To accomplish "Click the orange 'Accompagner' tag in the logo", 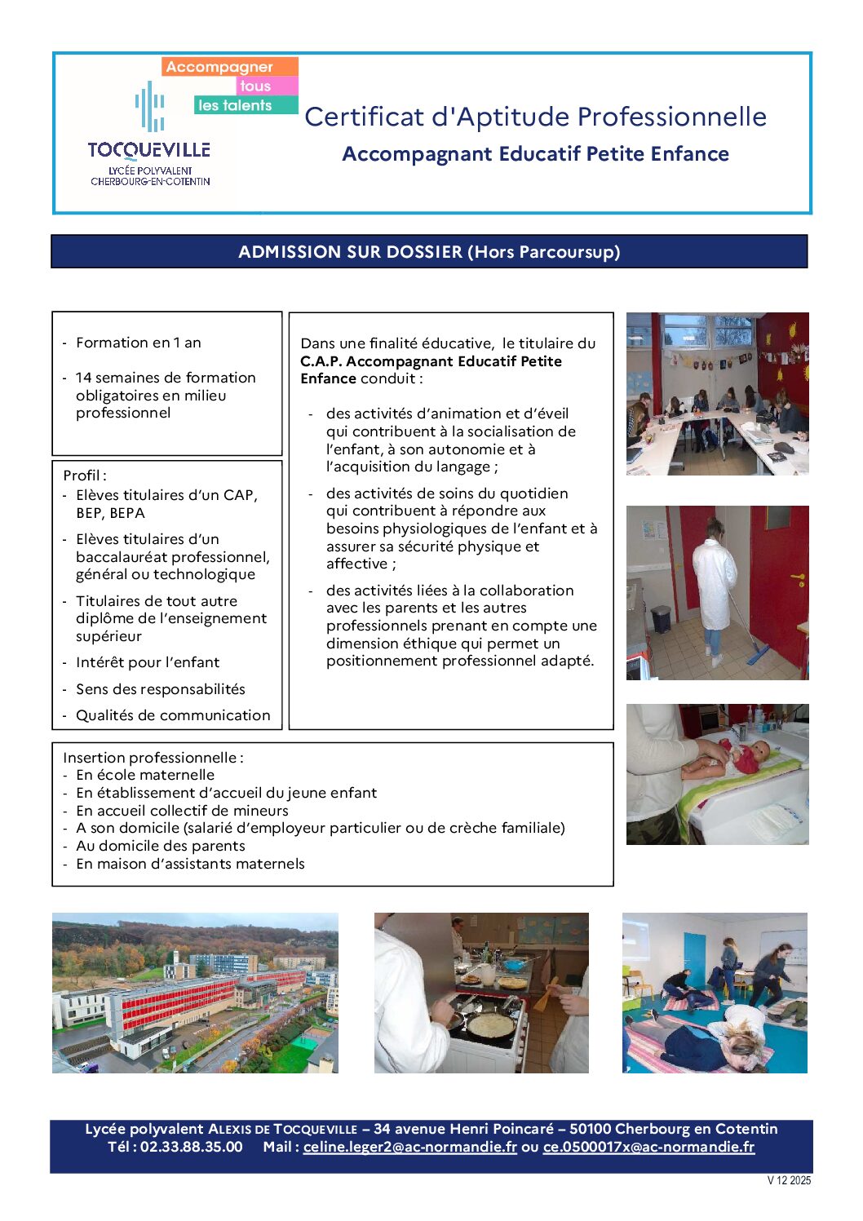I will (220, 67).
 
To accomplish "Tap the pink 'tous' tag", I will (255, 86).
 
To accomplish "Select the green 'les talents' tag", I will (235, 105).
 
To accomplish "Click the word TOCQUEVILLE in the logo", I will (149, 150).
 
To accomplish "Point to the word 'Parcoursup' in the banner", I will (569, 252).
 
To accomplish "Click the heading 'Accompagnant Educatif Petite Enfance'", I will (535, 154).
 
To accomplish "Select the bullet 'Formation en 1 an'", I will (138, 343).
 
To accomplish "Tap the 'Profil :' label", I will (85, 476).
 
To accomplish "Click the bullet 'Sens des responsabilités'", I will (160, 689).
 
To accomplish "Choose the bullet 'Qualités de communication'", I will (173, 715).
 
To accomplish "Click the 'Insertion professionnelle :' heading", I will (153, 758).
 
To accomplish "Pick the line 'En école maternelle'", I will (145, 775).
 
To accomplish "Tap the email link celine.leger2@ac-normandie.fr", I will (410, 1147).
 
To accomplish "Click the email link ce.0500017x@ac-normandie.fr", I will (648, 1147).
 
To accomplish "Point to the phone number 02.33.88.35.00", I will (192, 1147).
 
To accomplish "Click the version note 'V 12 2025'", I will (789, 1180).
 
